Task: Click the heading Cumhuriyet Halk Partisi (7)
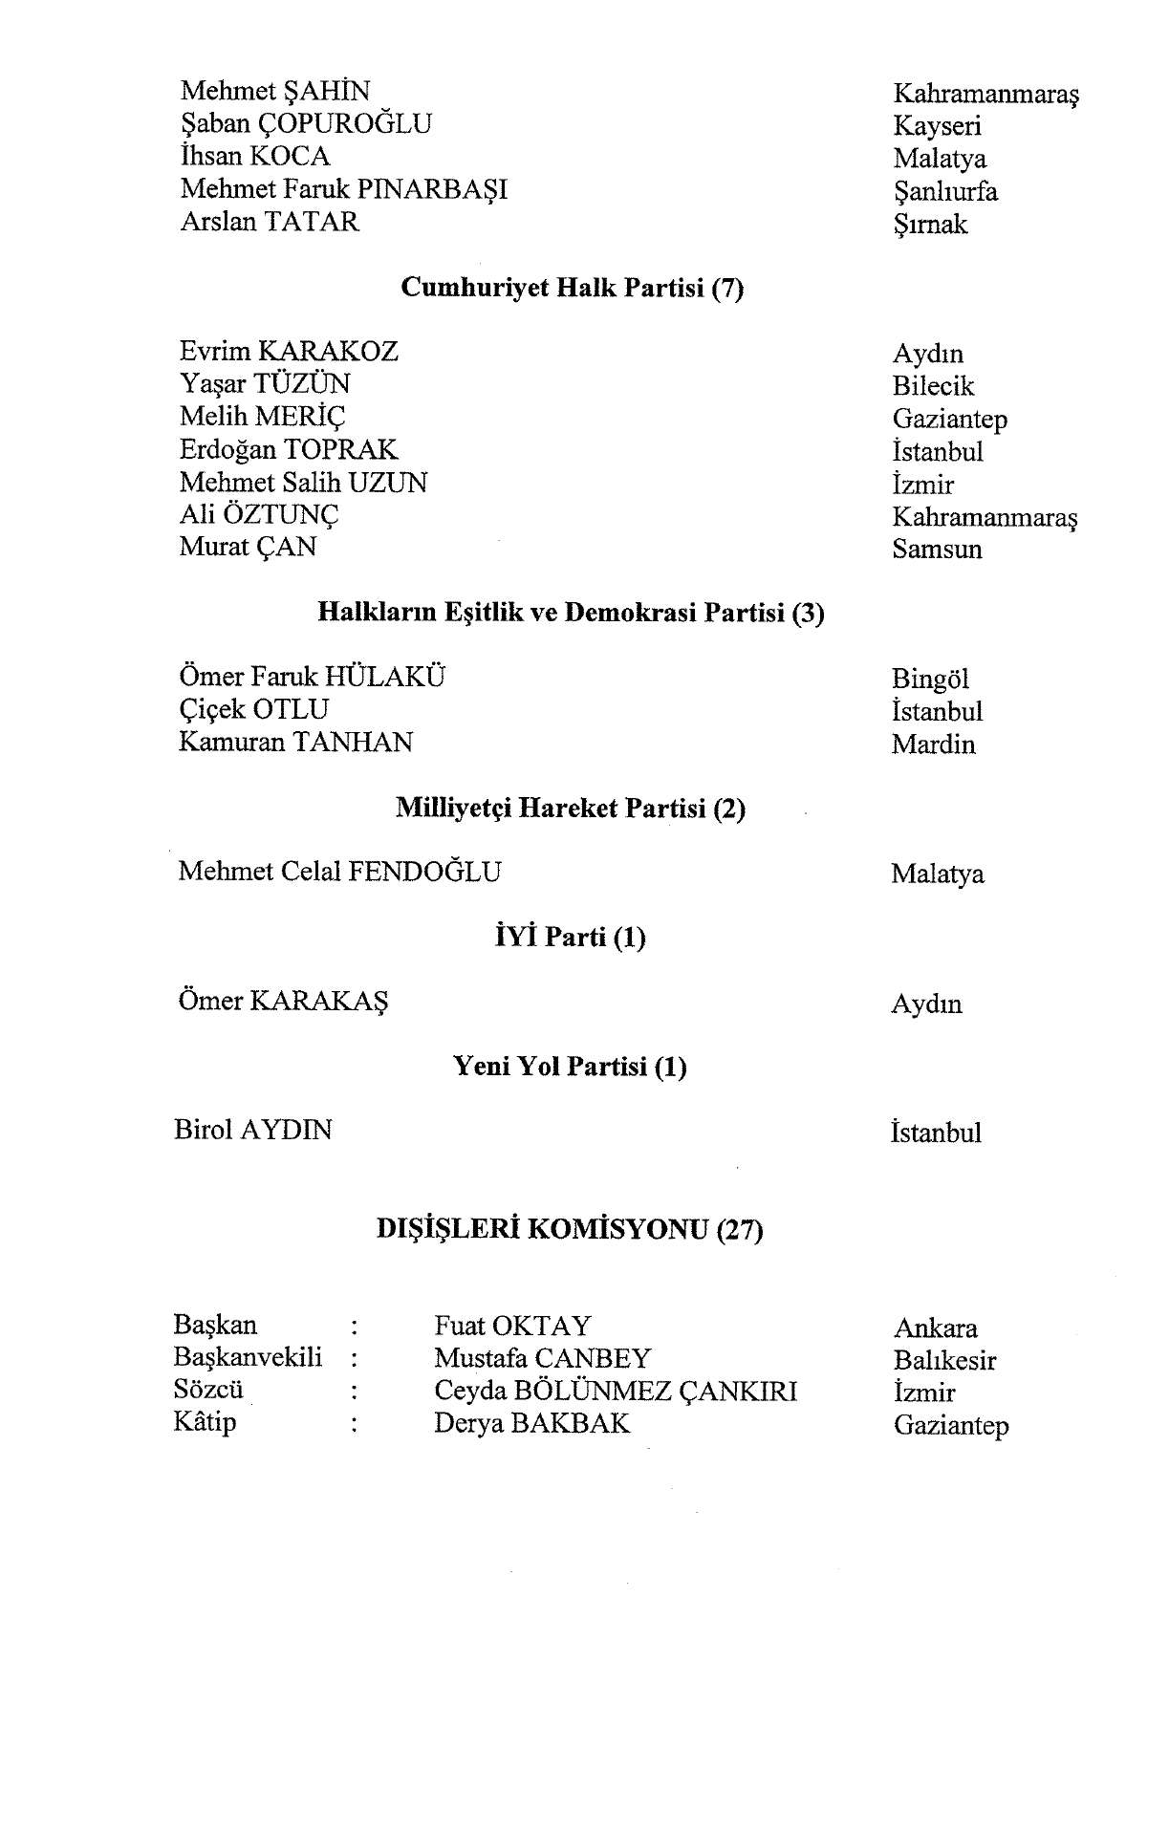click(572, 288)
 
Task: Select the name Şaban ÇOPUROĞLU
click(306, 124)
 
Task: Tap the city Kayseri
click(937, 126)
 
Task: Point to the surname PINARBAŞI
click(432, 189)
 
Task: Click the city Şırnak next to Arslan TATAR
click(930, 226)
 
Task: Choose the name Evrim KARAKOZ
click(289, 352)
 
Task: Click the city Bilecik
click(933, 386)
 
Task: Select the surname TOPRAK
click(341, 449)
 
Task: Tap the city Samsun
click(937, 550)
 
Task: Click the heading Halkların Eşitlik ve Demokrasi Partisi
click(571, 613)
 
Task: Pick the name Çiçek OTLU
click(253, 710)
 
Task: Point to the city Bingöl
click(930, 680)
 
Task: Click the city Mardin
click(933, 745)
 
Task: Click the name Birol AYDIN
click(253, 1131)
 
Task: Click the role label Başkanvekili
click(248, 1357)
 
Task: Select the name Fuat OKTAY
click(512, 1327)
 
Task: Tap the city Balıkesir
click(944, 1360)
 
